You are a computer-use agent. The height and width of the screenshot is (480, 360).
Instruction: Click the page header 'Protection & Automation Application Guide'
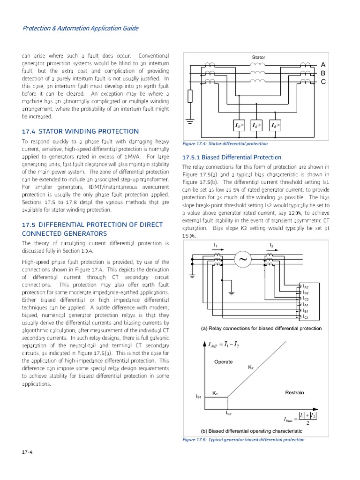(81, 28)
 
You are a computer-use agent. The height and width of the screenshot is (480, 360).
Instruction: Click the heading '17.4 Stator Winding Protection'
(81, 131)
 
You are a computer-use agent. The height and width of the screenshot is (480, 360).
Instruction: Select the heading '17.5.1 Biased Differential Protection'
(232, 157)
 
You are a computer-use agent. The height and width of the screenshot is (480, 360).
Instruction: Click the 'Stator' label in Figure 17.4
(259, 58)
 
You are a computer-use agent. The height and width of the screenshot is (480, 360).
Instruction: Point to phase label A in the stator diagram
(323, 64)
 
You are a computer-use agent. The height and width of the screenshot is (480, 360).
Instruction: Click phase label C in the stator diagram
(323, 82)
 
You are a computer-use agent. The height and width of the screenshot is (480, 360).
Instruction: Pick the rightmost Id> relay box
(275, 126)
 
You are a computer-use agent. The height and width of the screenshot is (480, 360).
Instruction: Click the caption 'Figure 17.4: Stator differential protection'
(225, 144)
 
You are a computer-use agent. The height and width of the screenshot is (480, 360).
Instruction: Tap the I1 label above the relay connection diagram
(216, 246)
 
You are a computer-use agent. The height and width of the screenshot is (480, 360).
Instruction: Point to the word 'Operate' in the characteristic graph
(223, 362)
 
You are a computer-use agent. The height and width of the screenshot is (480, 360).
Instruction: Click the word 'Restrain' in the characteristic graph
(294, 392)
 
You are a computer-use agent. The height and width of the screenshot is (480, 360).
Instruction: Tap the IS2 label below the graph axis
(228, 413)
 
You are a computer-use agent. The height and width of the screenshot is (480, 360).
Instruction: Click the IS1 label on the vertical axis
(198, 397)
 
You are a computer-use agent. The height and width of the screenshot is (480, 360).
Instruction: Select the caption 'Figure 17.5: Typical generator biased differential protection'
(243, 440)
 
